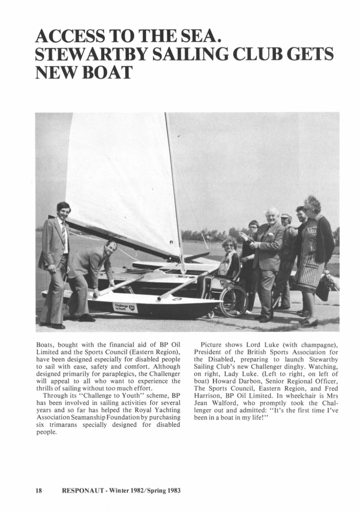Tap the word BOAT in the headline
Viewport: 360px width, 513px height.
(105, 73)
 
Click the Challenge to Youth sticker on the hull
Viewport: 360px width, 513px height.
(125, 307)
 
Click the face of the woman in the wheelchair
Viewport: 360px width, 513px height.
(229, 245)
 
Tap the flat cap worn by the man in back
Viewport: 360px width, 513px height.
(286, 216)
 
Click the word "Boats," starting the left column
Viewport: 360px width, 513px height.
(46, 345)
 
